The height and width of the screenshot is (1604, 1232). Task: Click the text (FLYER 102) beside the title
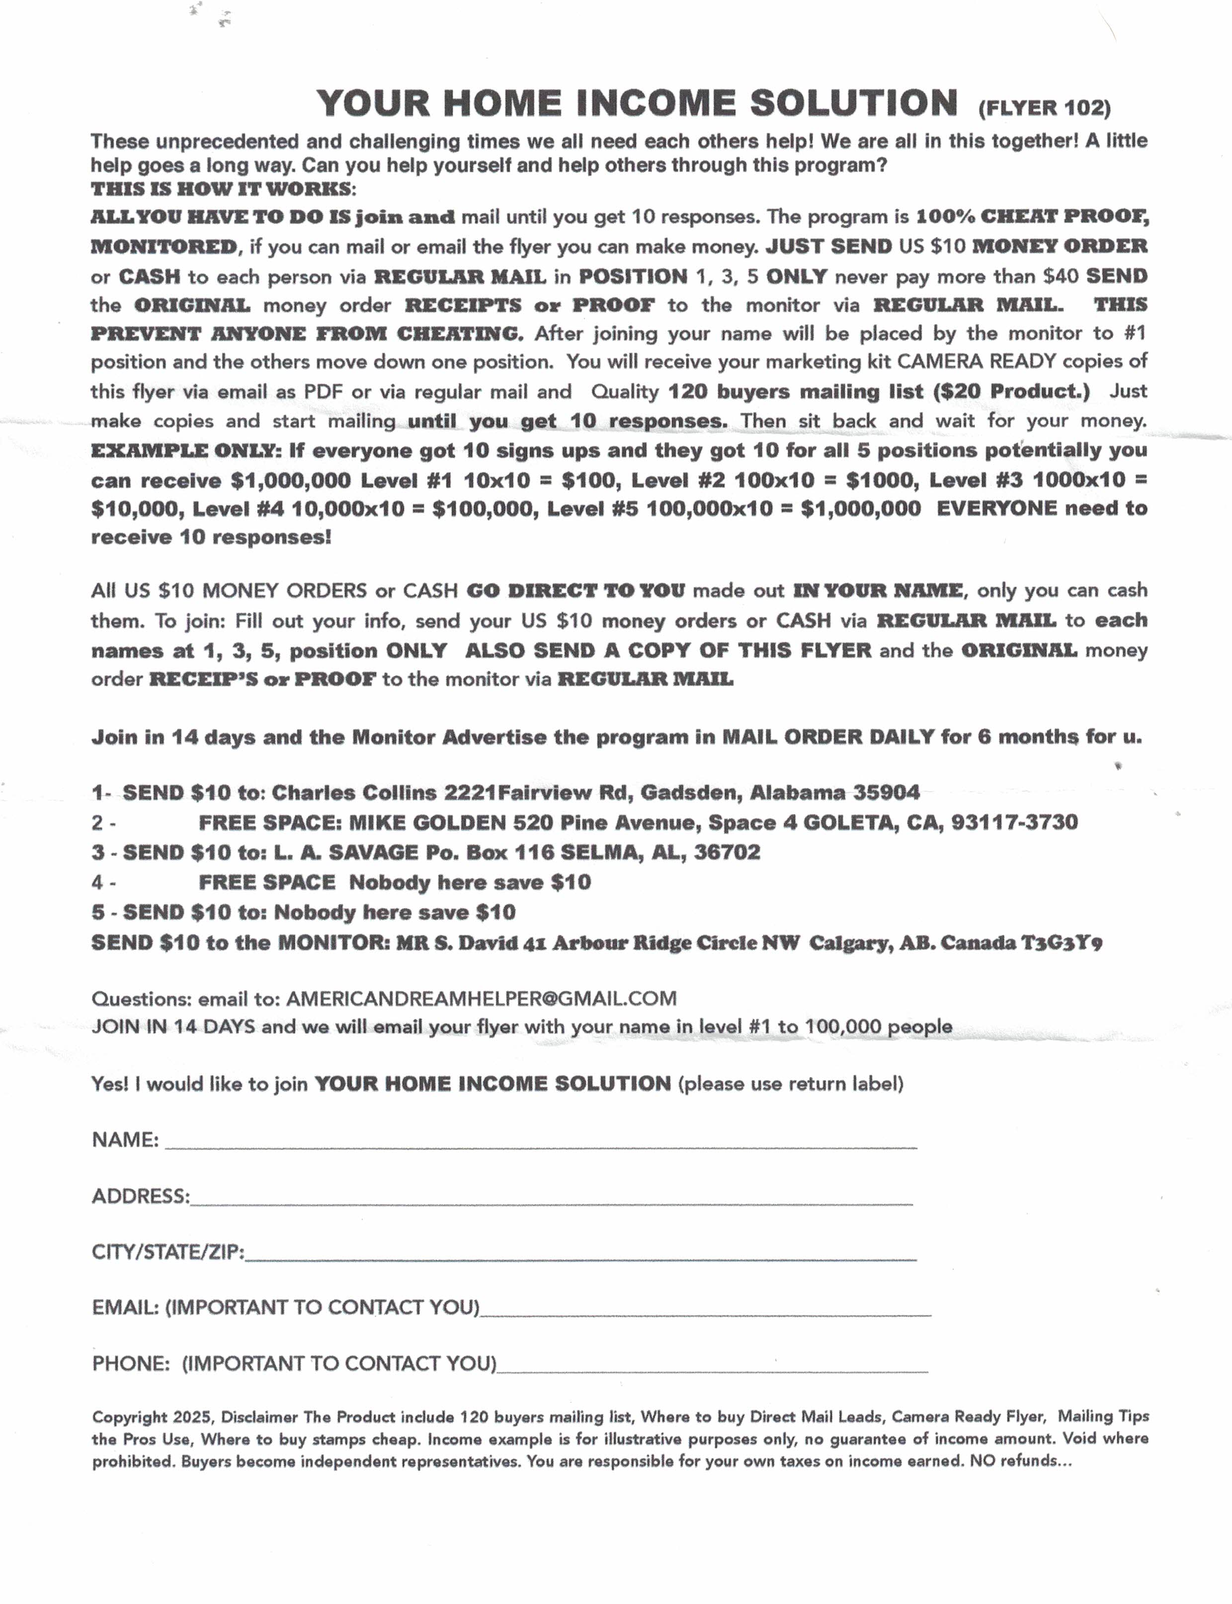tap(1044, 108)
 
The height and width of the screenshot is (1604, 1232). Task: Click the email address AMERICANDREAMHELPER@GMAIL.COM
tap(481, 998)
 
